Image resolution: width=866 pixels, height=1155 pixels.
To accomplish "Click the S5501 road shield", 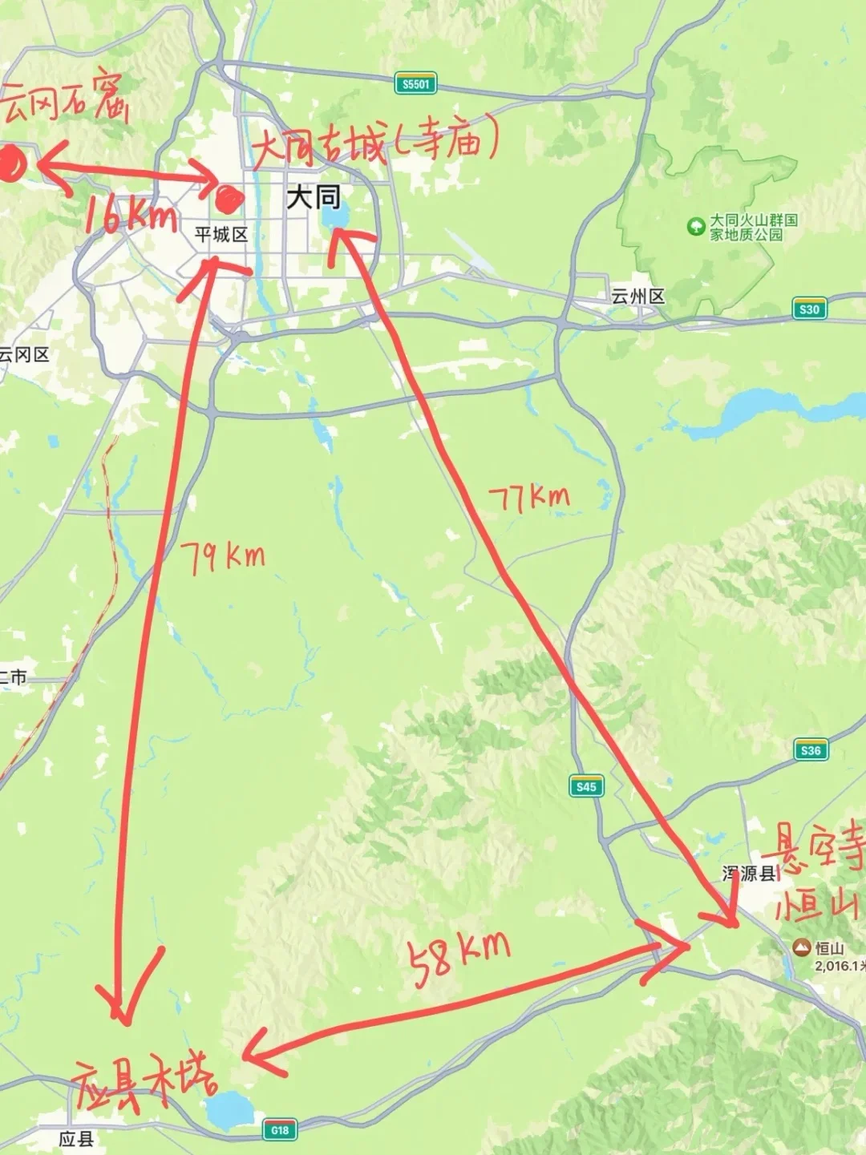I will (415, 84).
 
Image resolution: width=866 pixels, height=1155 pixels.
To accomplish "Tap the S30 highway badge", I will (809, 309).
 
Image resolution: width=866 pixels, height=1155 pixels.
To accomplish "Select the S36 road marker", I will (811, 750).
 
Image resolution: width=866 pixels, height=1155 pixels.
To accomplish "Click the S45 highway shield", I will (586, 786).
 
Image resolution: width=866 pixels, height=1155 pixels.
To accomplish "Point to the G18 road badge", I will (279, 1130).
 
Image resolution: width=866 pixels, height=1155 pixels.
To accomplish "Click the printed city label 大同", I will (314, 196).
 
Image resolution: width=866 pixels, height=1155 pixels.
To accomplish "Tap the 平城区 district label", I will (221, 235).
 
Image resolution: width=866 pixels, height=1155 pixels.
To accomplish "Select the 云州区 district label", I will (638, 297).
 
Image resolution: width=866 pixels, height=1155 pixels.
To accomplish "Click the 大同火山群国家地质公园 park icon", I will (695, 227).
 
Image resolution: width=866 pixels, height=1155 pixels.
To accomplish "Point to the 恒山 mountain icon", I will (800, 948).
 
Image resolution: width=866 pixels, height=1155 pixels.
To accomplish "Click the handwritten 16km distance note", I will (130, 214).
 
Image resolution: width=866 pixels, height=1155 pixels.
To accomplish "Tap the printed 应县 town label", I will (77, 1139).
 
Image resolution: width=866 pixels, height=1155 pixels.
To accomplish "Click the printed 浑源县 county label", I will (750, 874).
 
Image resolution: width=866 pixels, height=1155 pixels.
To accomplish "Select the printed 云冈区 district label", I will (24, 354).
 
